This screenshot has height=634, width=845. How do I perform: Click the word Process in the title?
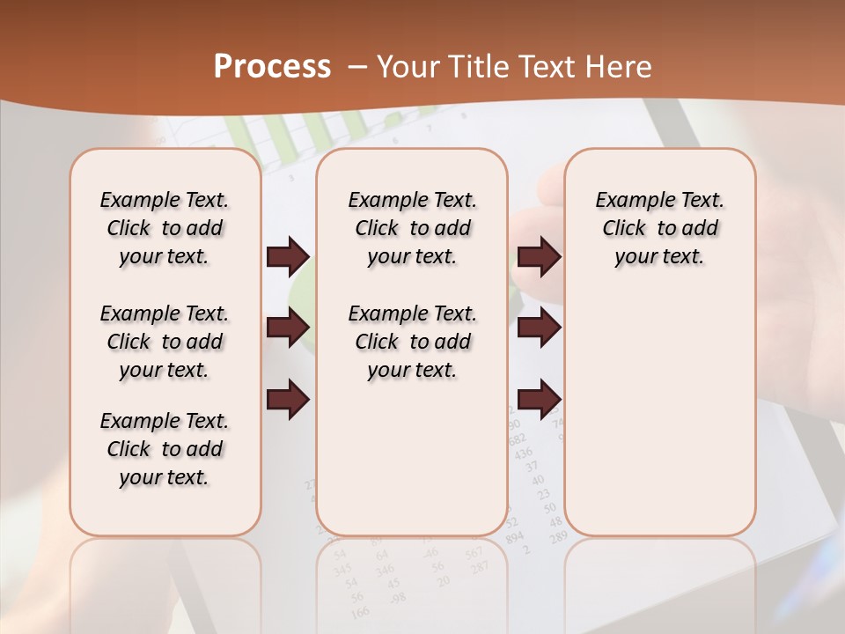click(272, 67)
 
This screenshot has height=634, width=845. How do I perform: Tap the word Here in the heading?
click(620, 67)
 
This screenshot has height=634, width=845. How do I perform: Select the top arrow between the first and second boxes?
click(288, 257)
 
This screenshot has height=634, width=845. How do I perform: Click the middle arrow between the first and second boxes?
click(288, 328)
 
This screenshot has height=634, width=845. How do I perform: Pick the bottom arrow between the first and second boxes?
click(288, 399)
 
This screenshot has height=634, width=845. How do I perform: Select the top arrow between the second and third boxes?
click(539, 257)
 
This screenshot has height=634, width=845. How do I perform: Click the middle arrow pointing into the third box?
click(539, 328)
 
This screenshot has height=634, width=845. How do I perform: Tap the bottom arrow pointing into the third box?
click(539, 399)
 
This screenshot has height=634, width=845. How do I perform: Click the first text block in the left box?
click(165, 228)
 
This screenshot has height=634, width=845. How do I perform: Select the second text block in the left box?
click(165, 342)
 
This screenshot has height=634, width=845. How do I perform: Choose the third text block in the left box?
click(165, 449)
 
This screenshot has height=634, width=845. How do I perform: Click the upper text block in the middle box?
click(412, 228)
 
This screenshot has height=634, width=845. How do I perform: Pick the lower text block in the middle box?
click(412, 342)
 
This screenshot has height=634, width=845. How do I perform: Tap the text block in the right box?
click(659, 228)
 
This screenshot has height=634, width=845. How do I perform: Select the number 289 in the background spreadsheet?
click(558, 537)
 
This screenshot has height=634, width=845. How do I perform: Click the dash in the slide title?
click(357, 67)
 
